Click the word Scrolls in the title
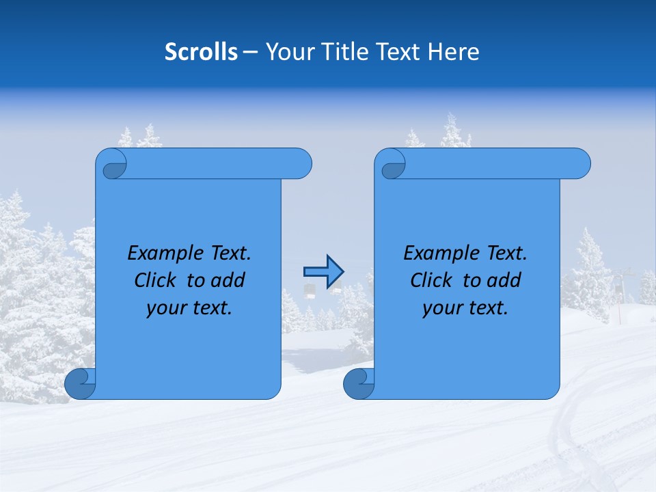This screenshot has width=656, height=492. click(x=201, y=52)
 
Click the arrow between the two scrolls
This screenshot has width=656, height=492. click(x=323, y=272)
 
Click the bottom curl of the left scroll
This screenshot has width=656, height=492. click(x=80, y=383)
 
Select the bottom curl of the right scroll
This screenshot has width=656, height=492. click(x=359, y=383)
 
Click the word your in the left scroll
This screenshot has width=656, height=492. click(x=165, y=308)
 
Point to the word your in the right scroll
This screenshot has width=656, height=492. click(x=441, y=308)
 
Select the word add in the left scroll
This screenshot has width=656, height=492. click(x=228, y=281)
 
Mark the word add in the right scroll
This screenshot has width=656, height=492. click(x=504, y=281)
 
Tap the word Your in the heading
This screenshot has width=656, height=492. click(x=287, y=52)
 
